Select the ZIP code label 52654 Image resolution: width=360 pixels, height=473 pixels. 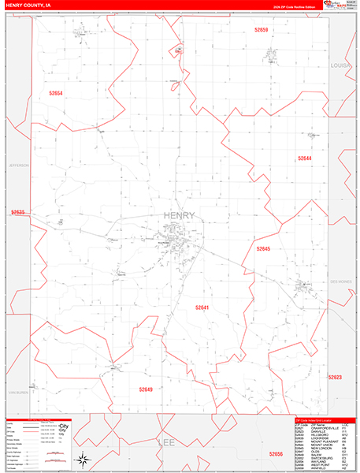(x=55, y=93)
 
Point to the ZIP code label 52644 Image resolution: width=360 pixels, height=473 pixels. (x=305, y=158)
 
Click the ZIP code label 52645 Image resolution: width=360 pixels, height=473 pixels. (x=263, y=248)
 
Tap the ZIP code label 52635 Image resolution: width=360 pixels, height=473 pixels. (x=18, y=212)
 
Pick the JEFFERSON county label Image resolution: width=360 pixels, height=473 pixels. (x=18, y=166)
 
